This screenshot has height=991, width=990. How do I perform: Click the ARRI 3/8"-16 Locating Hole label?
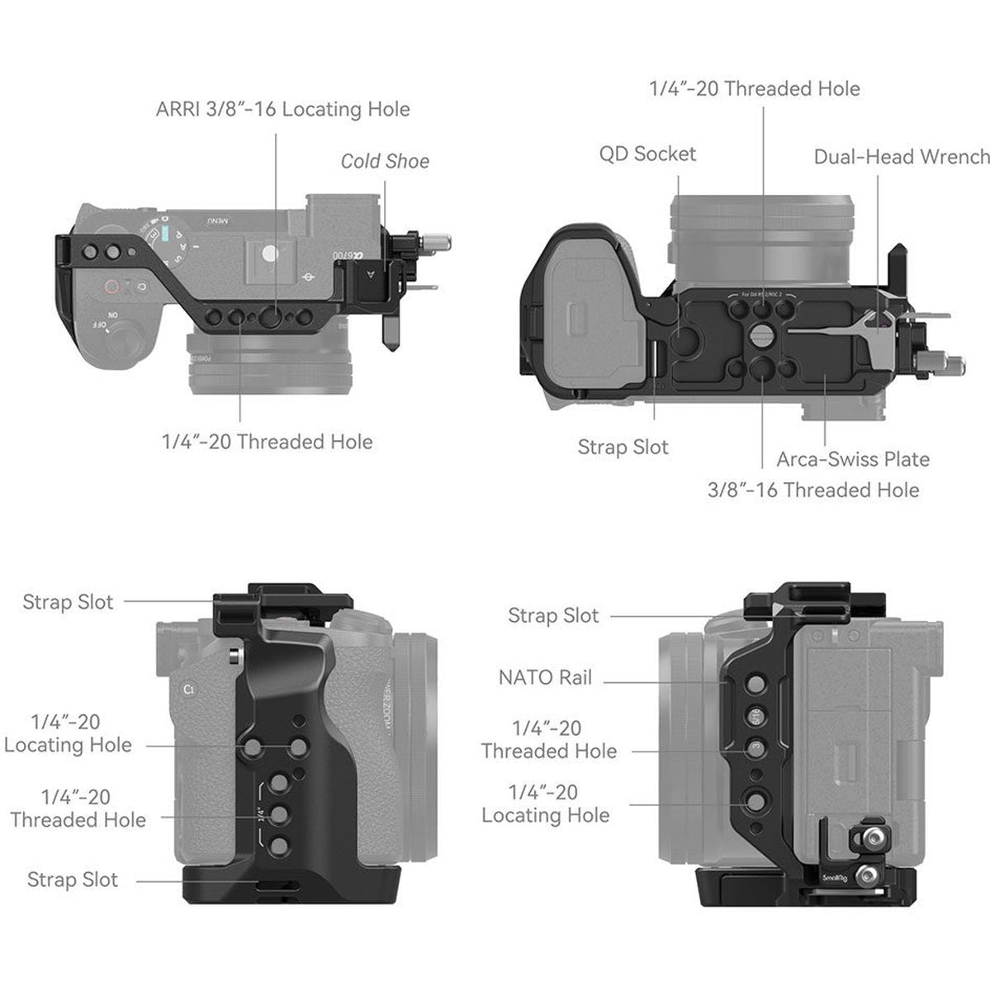[282, 109]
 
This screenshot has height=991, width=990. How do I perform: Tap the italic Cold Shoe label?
[385, 161]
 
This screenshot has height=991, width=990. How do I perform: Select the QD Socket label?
[647, 154]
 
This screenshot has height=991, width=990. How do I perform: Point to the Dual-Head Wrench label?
[901, 157]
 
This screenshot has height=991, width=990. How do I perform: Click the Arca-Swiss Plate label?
[853, 459]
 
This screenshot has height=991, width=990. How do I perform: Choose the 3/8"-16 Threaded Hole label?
[813, 490]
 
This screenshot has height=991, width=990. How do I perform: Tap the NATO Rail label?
[545, 678]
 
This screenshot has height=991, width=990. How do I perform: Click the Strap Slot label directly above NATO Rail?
[553, 615]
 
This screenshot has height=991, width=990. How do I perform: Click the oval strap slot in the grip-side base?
[281, 889]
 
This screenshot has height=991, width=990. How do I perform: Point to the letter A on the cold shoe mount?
[371, 276]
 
